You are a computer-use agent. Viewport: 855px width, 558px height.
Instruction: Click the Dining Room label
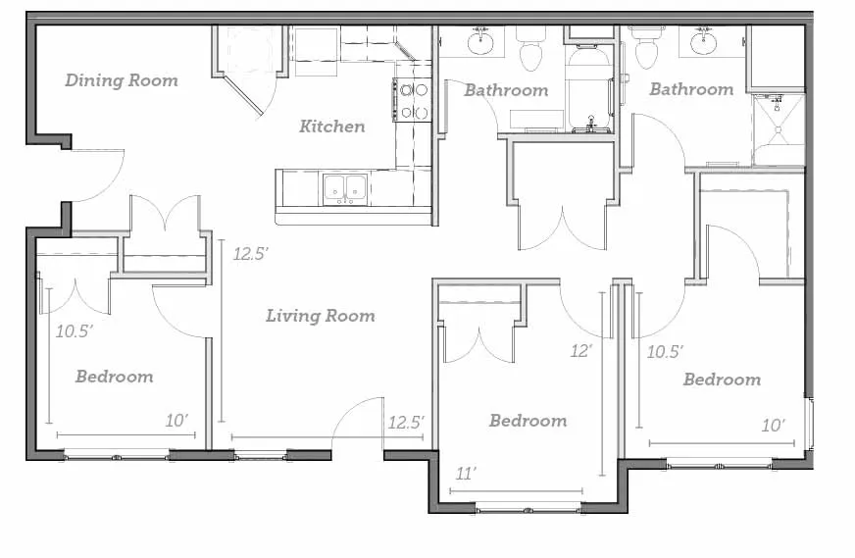coord(122,80)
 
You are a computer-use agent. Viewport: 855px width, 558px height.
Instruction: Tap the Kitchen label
coord(332,127)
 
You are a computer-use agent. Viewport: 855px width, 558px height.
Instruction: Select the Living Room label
coord(321,316)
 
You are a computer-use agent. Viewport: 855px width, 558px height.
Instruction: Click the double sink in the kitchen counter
coord(344,188)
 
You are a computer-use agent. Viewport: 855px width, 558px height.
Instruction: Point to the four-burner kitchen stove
coord(412,100)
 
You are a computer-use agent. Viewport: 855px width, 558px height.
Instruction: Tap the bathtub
coord(589,90)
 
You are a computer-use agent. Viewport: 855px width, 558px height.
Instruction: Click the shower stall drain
coord(779,129)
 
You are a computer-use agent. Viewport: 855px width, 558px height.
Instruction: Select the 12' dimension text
coord(581,351)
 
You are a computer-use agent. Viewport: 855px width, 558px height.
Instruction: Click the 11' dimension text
coord(466,474)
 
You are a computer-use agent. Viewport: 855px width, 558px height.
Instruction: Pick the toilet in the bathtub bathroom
coord(530,50)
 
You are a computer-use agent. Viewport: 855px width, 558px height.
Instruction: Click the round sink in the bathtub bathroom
coord(480,42)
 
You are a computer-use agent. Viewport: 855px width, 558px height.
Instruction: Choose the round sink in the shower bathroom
coord(704,42)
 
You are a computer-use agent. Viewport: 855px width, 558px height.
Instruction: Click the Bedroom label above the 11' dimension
coord(528,421)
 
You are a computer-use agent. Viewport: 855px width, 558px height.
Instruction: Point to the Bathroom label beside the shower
coord(691,89)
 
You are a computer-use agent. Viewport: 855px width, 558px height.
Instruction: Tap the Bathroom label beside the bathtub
coord(506,90)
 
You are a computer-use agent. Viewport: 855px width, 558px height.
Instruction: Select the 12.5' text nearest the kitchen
coord(251,254)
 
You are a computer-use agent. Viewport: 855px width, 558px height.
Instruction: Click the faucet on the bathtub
coord(590,125)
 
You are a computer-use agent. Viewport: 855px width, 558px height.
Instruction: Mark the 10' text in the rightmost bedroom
coord(774,426)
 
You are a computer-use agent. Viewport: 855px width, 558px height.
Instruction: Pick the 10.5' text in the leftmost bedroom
coord(75,331)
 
